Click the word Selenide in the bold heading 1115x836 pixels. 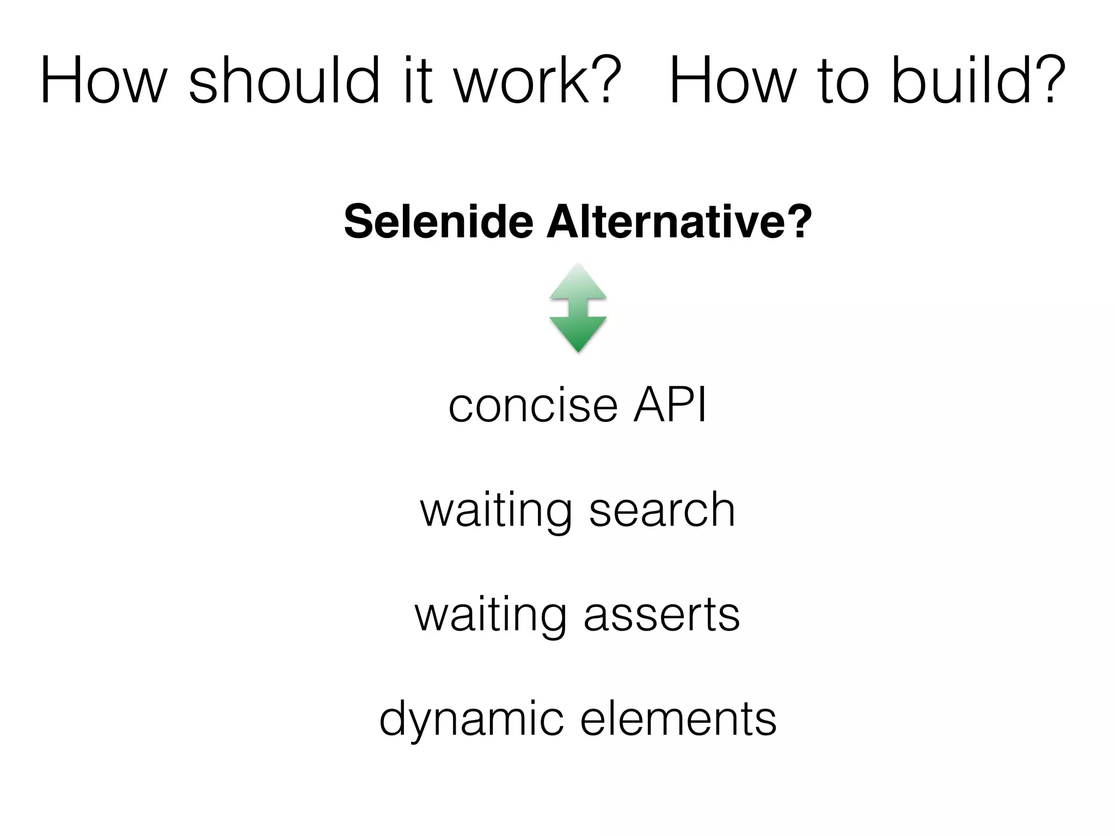coord(438,222)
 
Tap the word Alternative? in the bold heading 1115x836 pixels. coord(679,222)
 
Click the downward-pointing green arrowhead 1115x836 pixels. coord(578,333)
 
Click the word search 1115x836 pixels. coord(662,510)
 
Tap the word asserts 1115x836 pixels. coord(661,614)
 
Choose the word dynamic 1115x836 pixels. coord(471,720)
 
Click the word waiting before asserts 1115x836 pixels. coord(490,614)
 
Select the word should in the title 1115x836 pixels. coord(284,81)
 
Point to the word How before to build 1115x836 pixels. coord(730,81)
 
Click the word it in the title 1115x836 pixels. coord(418,81)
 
